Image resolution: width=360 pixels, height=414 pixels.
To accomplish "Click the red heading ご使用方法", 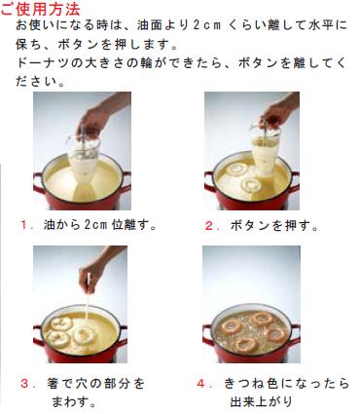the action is [x=41, y=9].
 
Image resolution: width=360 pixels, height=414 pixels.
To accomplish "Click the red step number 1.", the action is [x=24, y=225].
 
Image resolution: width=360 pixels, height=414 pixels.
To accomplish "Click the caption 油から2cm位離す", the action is [x=100, y=225].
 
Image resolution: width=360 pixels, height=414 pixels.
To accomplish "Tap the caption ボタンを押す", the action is [x=274, y=226].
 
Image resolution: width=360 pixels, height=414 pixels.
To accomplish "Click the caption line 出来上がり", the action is [x=262, y=401].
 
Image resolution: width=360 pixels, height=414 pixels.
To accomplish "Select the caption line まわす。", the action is [x=74, y=402].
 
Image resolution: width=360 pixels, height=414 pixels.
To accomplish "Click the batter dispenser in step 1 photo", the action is [x=84, y=159].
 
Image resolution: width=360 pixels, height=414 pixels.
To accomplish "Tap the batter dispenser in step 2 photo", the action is [x=265, y=149].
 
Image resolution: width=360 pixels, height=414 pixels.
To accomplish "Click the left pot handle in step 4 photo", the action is [x=208, y=336].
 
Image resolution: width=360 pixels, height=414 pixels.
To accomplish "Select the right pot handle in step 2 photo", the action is [x=294, y=182].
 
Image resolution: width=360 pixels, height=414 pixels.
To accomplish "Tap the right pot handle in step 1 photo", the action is [x=126, y=182].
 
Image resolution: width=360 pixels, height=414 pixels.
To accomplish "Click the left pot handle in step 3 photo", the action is [x=38, y=337].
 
